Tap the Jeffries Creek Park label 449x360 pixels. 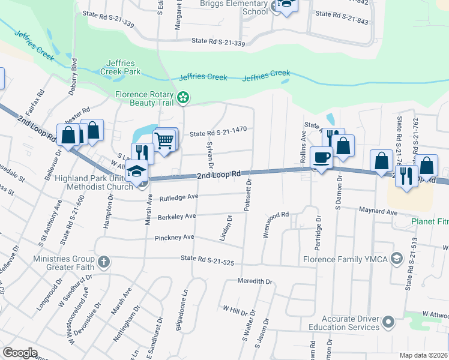click(123, 67)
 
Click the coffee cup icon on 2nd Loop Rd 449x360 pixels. click(321, 158)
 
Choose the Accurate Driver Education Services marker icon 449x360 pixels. click(388, 323)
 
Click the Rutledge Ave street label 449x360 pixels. click(178, 197)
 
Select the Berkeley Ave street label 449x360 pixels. click(177, 217)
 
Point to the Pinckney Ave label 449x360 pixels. click(174, 238)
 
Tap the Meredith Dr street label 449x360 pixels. click(255, 281)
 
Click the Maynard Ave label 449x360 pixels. click(378, 212)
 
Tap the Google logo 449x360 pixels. click(19, 352)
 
